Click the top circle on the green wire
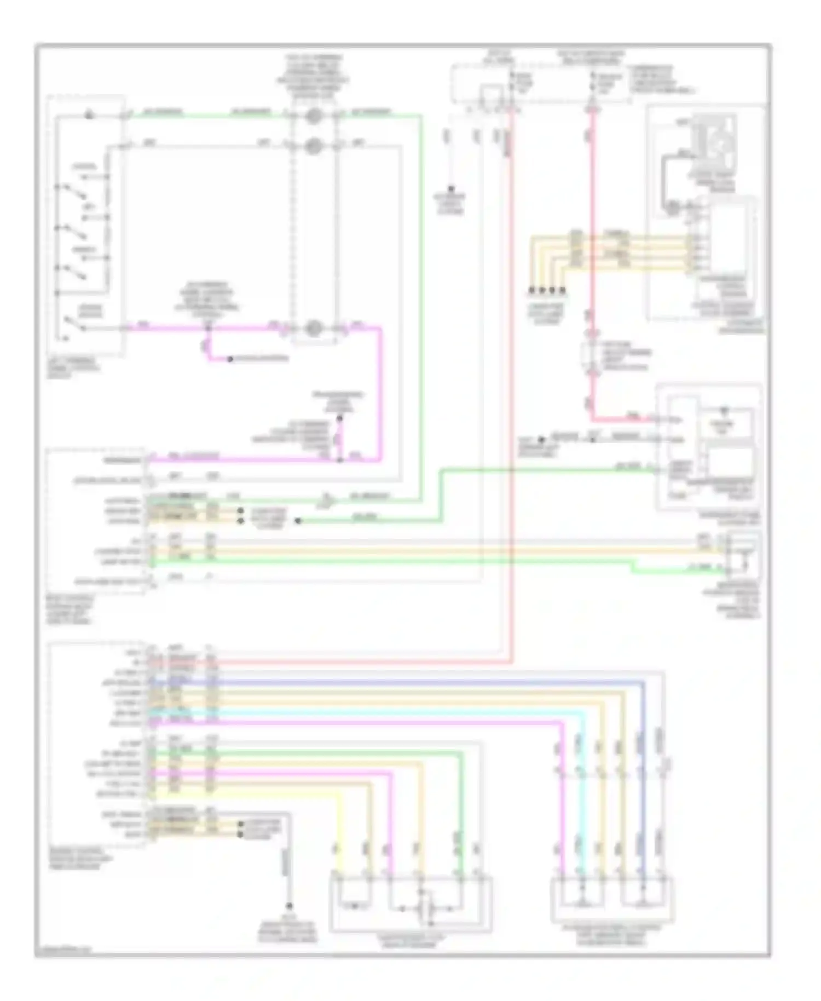coord(314,116)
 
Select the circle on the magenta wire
coord(314,328)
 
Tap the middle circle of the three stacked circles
coord(314,147)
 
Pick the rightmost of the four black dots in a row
coord(562,290)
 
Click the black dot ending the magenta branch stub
coord(230,359)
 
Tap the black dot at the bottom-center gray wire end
coord(289,907)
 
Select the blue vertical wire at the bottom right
coord(643,778)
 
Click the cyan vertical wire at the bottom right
coord(582,794)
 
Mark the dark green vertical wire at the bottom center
coord(461,810)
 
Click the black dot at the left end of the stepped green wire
coord(298,521)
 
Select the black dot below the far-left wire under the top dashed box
coord(451,188)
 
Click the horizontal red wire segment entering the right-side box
coord(629,420)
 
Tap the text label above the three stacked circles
coord(314,77)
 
